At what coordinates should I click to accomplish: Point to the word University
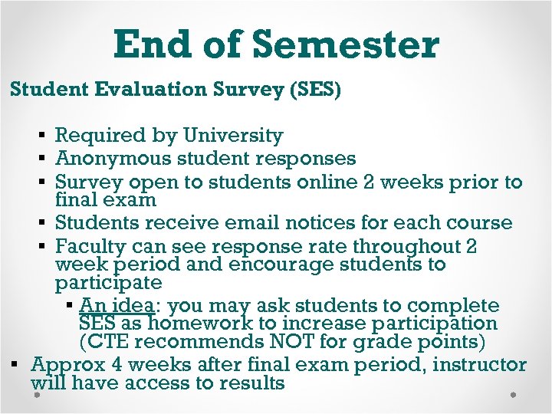[233, 136]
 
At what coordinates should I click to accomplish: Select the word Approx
[64, 365]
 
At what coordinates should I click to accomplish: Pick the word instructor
[480, 365]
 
